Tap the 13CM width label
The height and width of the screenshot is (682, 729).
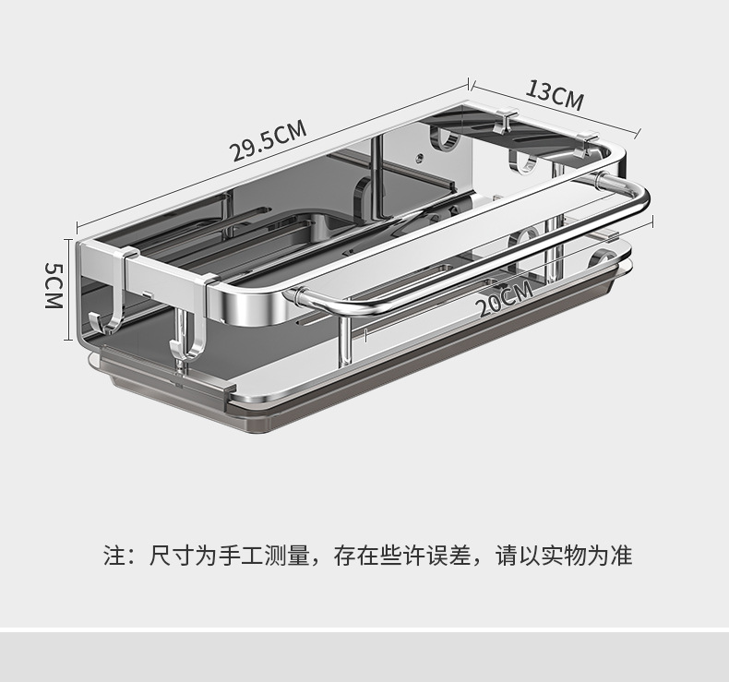pyautogui.click(x=555, y=94)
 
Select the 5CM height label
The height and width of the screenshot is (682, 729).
pyautogui.click(x=54, y=285)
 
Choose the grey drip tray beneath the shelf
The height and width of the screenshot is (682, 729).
pyautogui.click(x=369, y=388)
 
